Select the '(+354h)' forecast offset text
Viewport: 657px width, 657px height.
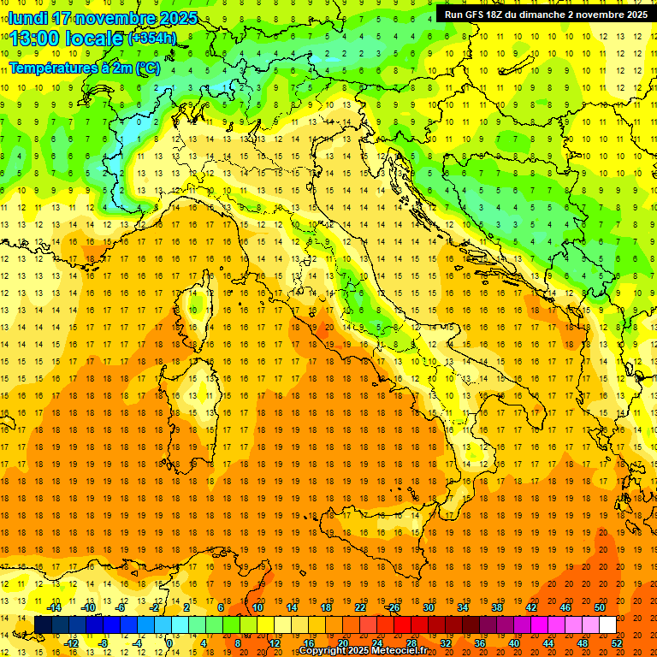tap(151, 38)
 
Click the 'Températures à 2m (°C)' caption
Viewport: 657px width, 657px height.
tap(84, 68)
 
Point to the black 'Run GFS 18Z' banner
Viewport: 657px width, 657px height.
tap(546, 14)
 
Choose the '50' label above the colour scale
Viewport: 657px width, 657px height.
tap(599, 607)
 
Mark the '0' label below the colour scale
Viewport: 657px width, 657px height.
tap(169, 642)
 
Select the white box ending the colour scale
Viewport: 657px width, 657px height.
tap(607, 624)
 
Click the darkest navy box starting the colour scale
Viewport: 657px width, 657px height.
tap(43, 624)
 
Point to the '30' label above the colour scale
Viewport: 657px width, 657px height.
tap(428, 607)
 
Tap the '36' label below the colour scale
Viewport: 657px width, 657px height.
tap(479, 642)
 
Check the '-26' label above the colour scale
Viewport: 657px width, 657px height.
tap(393, 607)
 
